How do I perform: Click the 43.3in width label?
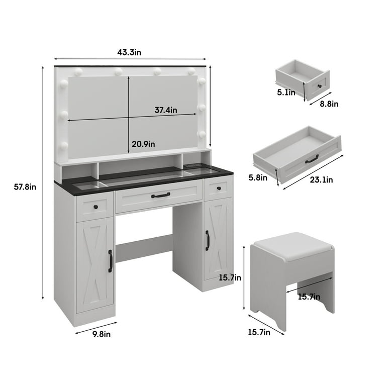coord(129,52)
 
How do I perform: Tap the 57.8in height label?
coord(25,187)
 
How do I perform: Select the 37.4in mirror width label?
coord(166,110)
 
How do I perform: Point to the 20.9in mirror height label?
coord(143,144)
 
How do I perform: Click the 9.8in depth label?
coord(102,334)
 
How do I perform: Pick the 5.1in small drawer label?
coord(286,92)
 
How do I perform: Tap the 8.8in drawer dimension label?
coord(329,104)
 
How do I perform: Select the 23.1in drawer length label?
coord(321,180)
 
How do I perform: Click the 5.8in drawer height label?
coord(258,177)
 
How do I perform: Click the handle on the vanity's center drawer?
coord(160,195)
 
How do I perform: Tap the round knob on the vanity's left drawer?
coord(96,207)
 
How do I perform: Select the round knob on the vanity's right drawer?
coord(219,188)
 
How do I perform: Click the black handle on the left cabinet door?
coord(110,261)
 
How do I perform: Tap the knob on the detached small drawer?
coord(320,86)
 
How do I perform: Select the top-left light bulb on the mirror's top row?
coord(78,72)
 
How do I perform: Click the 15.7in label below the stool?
coord(259,332)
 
